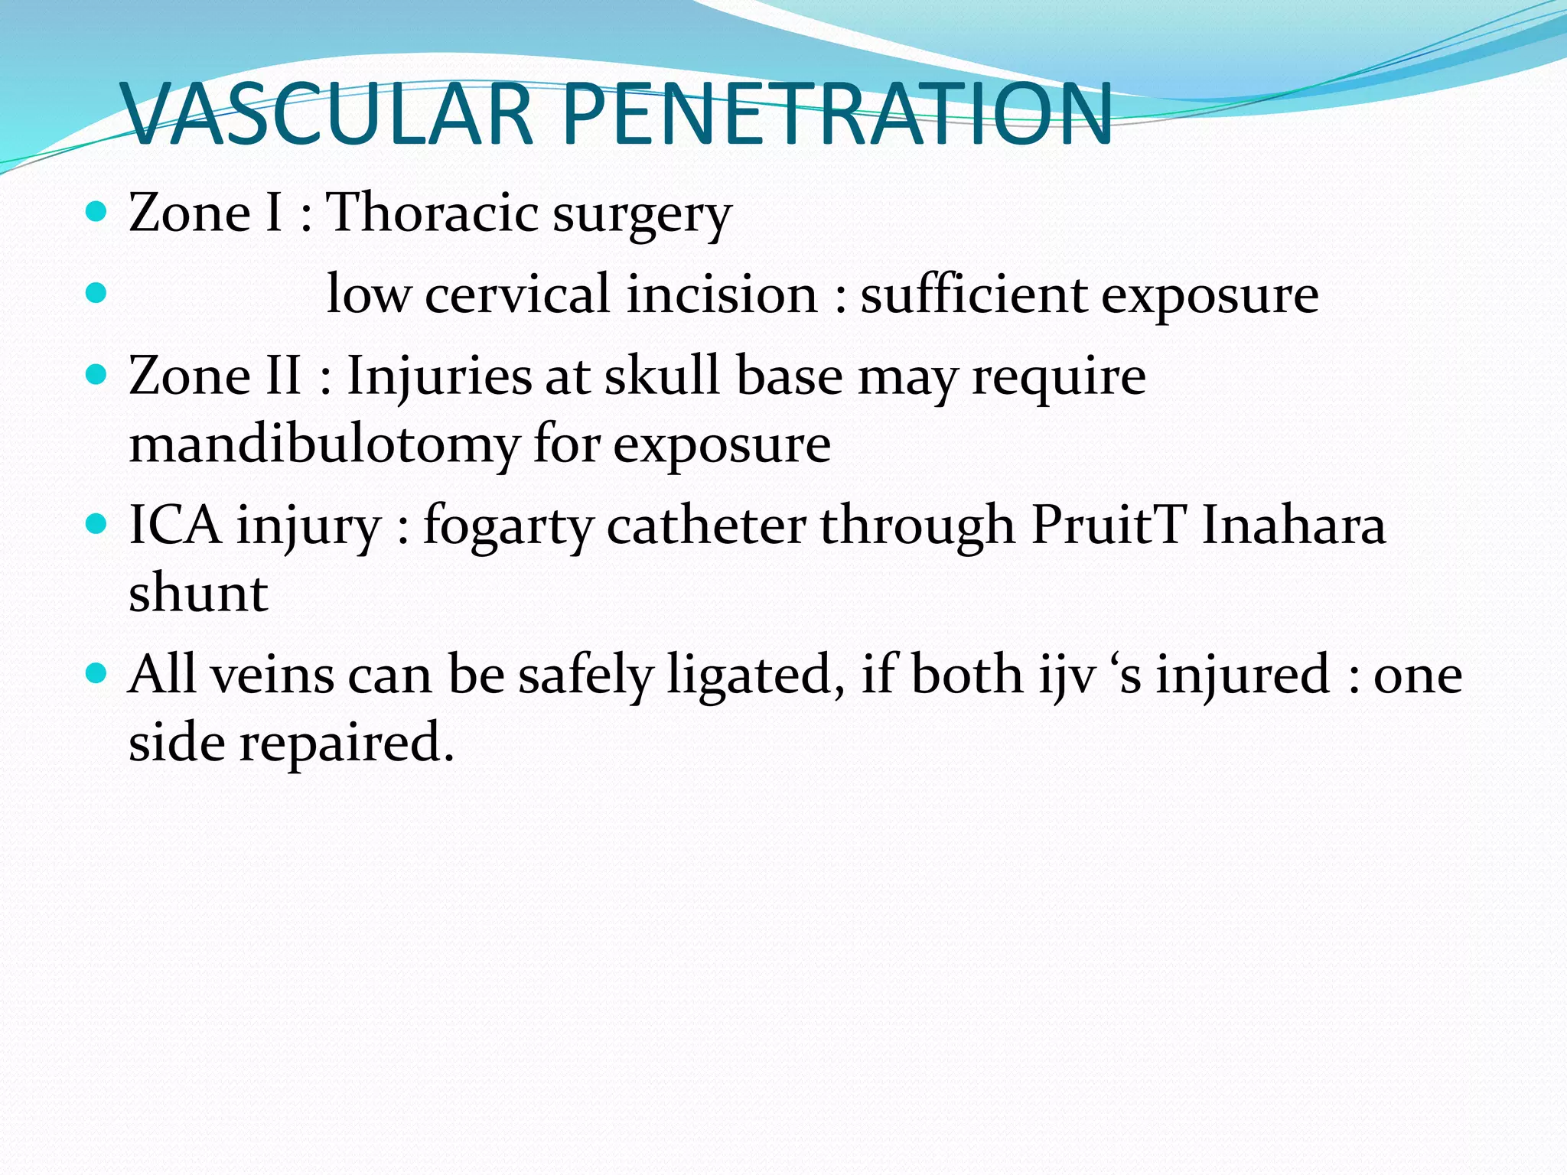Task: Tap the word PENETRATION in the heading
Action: (x=837, y=115)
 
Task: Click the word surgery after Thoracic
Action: (x=643, y=216)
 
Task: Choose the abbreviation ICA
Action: (x=174, y=526)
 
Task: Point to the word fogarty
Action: (x=508, y=529)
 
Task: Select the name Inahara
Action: (x=1294, y=526)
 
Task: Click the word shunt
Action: (x=198, y=593)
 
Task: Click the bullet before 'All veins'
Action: (x=96, y=674)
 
